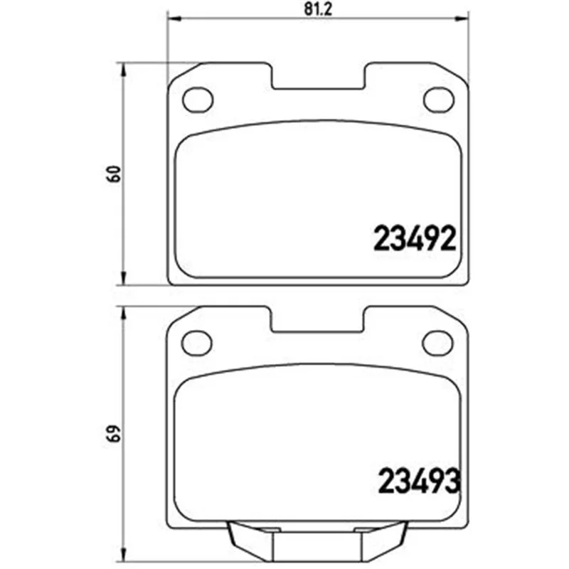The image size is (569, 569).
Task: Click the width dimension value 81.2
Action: coord(318,9)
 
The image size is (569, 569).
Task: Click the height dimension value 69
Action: coord(115,433)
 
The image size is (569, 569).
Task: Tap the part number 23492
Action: coord(415,238)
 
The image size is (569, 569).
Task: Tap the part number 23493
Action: coord(420,481)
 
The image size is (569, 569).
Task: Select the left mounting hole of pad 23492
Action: coord(198,100)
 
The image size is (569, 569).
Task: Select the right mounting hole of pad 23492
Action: coord(439,100)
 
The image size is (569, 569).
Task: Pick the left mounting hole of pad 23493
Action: coord(197,343)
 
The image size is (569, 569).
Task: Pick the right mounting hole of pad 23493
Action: coord(437,343)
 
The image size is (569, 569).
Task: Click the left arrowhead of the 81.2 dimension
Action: coord(174,18)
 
